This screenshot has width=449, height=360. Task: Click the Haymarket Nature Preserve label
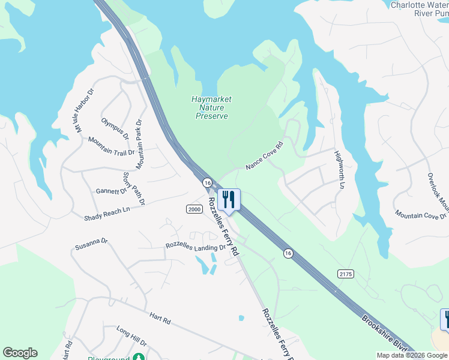(212, 107)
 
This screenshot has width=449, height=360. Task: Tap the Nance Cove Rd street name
(264, 156)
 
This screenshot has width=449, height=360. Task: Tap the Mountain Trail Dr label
(111, 146)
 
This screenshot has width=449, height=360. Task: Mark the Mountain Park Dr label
(139, 144)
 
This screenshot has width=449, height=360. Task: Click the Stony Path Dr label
(134, 188)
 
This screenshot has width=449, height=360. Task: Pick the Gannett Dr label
(111, 191)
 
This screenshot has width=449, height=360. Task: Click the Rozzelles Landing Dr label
(196, 247)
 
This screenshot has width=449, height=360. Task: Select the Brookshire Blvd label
(384, 335)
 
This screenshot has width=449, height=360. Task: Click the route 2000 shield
(194, 209)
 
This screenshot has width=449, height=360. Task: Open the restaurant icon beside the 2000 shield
(228, 199)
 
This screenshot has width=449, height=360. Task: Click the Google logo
(20, 353)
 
